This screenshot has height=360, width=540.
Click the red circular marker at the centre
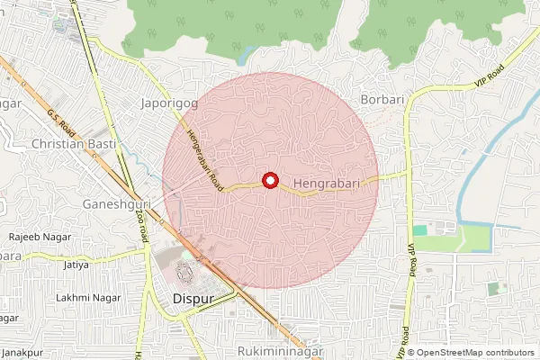[x=269, y=180]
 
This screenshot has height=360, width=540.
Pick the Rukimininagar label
[x=279, y=349]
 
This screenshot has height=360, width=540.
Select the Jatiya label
[x=76, y=265]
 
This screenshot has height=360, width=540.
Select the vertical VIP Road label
[x=412, y=260]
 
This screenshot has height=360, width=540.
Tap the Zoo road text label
[x=141, y=222]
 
